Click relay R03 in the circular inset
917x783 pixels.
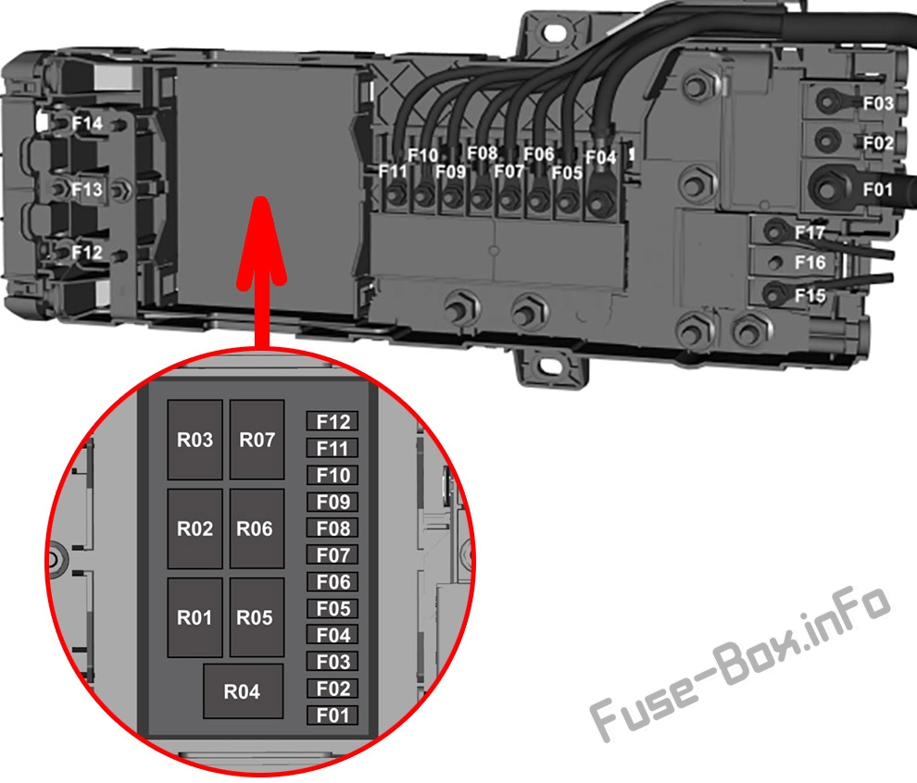tap(195, 440)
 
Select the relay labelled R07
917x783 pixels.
tap(257, 440)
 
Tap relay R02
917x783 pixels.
tap(195, 528)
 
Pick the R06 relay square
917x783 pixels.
tap(257, 528)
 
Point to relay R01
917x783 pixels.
tap(195, 617)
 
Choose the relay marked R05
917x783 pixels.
tap(257, 617)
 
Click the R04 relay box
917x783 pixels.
tap(243, 691)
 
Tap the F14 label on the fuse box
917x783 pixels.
tap(87, 124)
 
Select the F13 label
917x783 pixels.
tap(86, 190)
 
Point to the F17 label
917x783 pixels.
tap(810, 232)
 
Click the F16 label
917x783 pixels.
tap(810, 262)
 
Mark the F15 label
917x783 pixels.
tap(810, 295)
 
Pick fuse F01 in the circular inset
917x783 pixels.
tap(333, 715)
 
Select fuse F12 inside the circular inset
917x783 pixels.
tap(333, 421)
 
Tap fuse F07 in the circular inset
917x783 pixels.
tap(333, 554)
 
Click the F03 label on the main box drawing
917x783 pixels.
tap(878, 104)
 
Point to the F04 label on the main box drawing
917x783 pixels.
tap(601, 157)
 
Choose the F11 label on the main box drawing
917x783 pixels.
tap(393, 171)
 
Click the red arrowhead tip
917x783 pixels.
tap(261, 197)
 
